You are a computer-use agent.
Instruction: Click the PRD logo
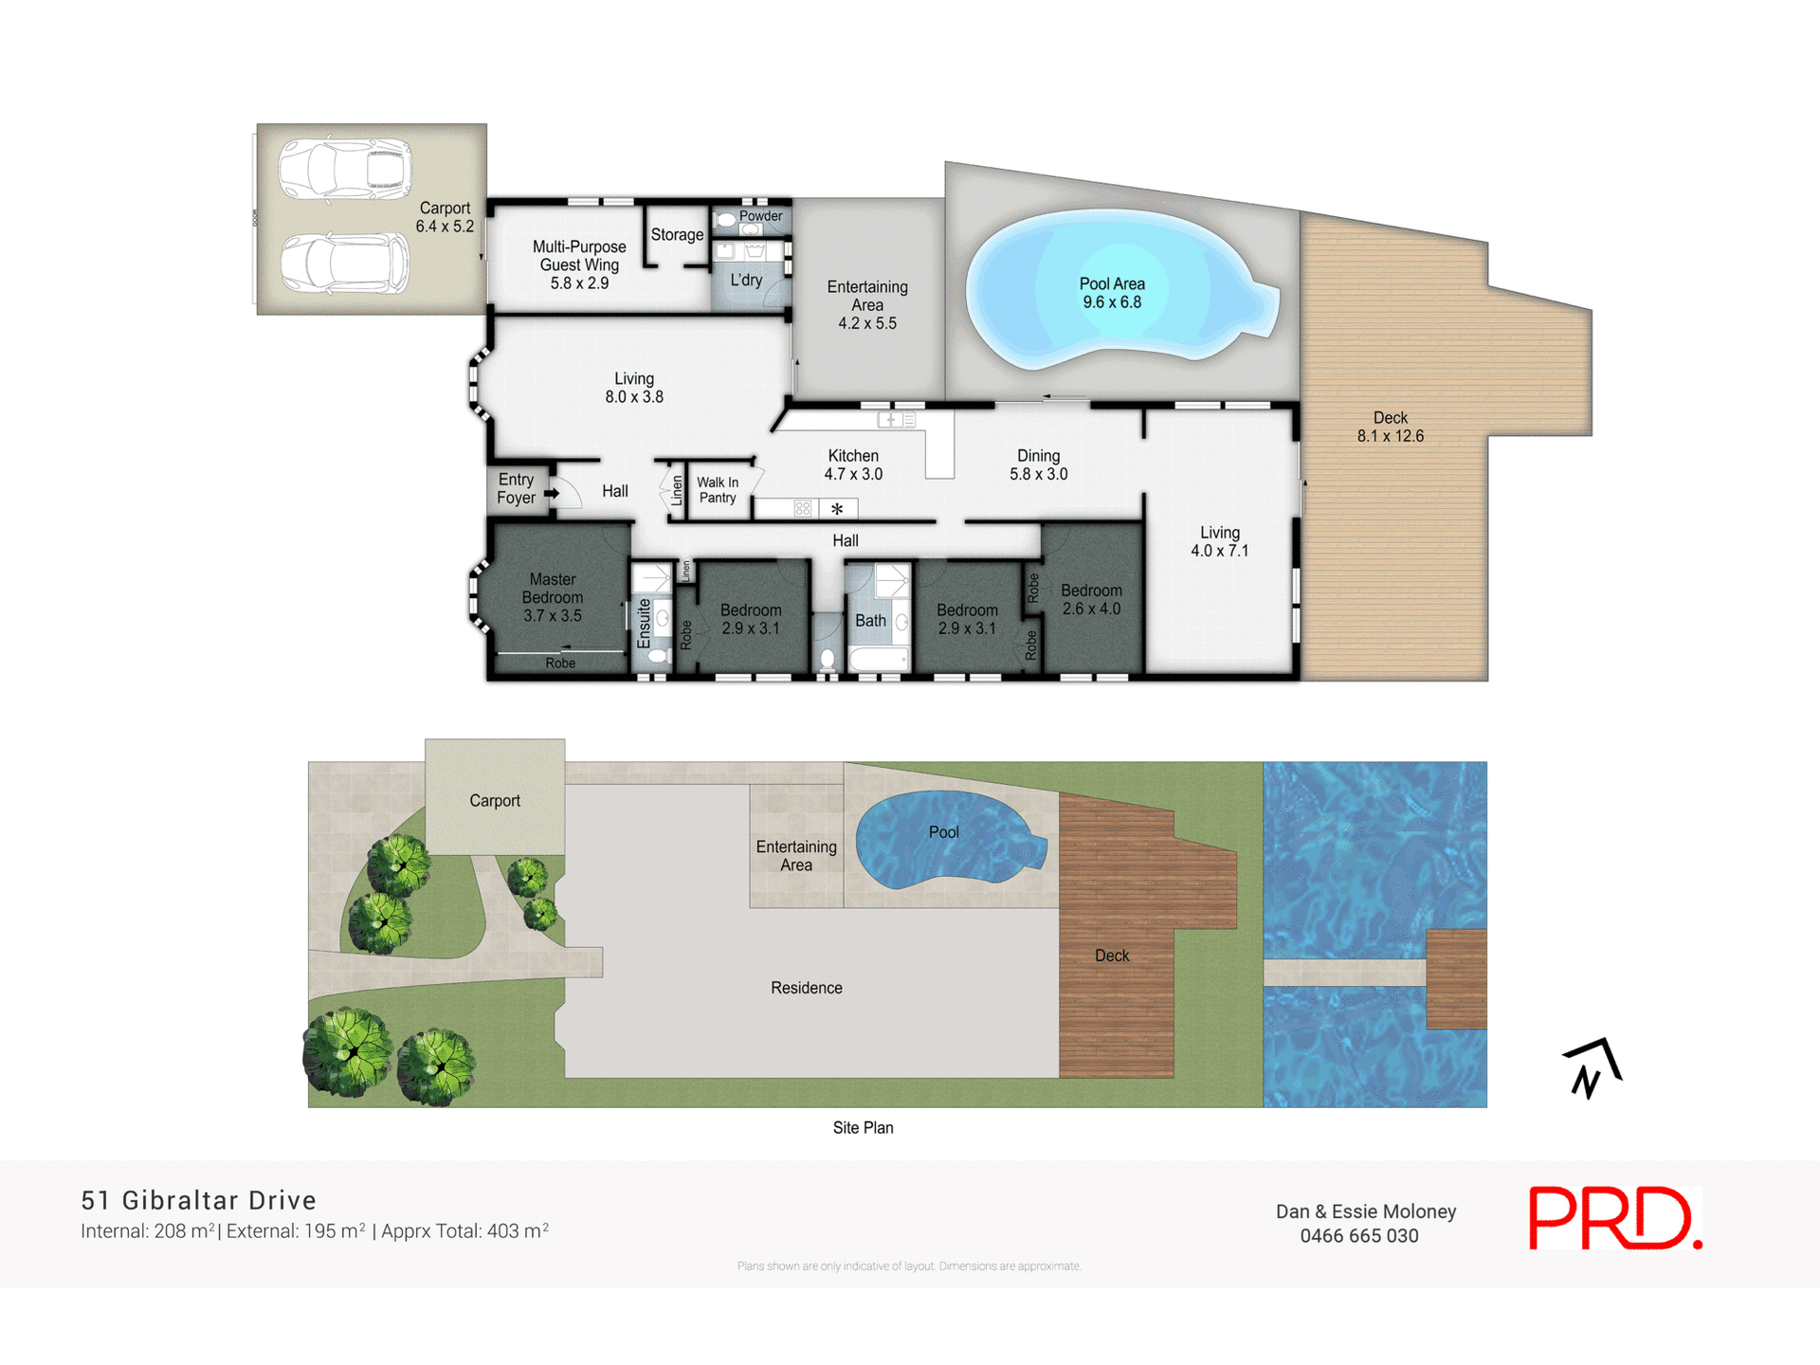click(x=1614, y=1218)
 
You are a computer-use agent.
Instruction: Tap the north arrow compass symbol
click(x=1592, y=1068)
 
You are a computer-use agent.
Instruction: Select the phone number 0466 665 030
click(x=1358, y=1236)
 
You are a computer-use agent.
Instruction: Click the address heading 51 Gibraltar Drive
click(x=198, y=1200)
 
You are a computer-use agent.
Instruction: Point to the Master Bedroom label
click(x=553, y=597)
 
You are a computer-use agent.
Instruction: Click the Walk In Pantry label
click(x=718, y=490)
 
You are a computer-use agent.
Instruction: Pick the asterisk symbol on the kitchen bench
click(x=837, y=510)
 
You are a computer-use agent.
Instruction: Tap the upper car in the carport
click(x=345, y=170)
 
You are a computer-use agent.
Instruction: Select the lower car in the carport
click(x=345, y=263)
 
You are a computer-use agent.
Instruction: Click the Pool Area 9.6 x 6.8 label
click(x=1112, y=293)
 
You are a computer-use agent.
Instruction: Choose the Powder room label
click(x=760, y=216)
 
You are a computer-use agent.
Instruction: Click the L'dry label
click(x=746, y=280)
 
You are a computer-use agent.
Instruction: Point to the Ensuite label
click(x=645, y=623)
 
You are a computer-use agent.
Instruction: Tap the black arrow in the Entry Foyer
click(x=551, y=493)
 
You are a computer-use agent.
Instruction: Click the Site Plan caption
click(x=863, y=1127)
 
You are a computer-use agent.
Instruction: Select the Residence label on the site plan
click(x=806, y=988)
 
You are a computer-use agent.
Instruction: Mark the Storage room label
click(x=677, y=234)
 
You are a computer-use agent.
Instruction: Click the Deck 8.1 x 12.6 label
click(x=1390, y=427)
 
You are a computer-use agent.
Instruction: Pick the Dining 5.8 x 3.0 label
click(x=1038, y=464)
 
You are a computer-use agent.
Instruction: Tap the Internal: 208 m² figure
click(x=148, y=1231)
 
